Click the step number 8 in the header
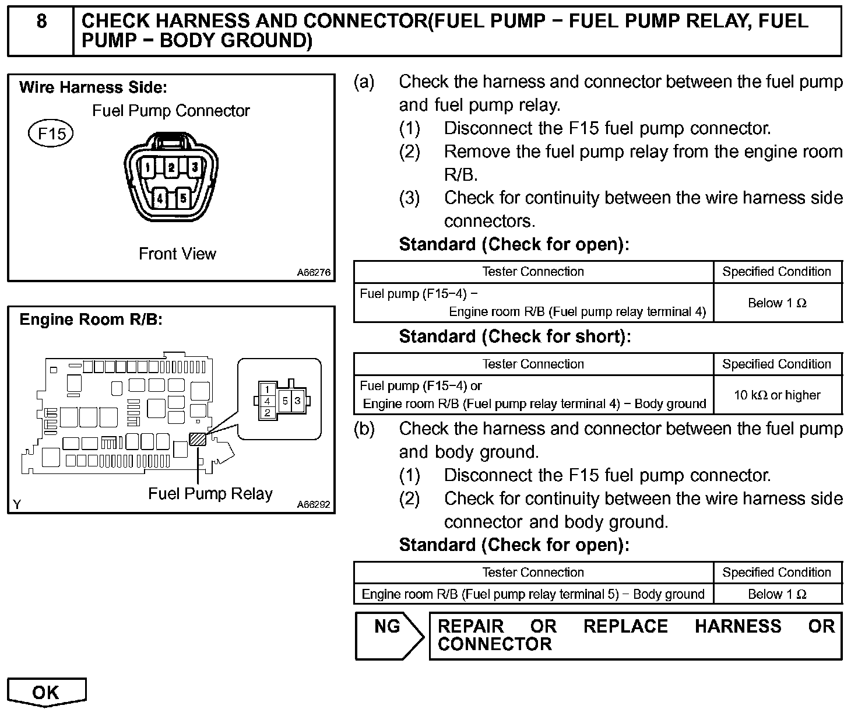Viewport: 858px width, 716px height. [x=41, y=22]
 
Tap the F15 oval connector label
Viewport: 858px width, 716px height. [x=51, y=134]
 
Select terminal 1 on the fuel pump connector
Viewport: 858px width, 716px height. [x=149, y=168]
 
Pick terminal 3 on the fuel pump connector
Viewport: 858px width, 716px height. [x=195, y=168]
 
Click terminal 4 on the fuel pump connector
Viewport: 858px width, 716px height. [x=160, y=198]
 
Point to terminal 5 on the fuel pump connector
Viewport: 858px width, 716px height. [x=183, y=198]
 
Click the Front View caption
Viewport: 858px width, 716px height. [x=177, y=254]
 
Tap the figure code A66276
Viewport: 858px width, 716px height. [x=313, y=272]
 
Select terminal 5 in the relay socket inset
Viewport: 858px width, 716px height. [x=286, y=401]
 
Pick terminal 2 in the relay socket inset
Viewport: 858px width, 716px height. [x=267, y=413]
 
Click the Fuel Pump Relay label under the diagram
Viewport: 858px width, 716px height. [x=210, y=494]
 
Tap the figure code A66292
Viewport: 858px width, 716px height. [x=313, y=504]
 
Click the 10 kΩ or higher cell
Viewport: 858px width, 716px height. [x=777, y=395]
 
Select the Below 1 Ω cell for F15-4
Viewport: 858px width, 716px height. [x=777, y=303]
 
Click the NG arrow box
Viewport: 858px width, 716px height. [x=389, y=635]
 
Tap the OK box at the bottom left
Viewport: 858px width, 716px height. [x=46, y=692]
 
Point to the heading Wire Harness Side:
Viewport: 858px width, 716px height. [x=93, y=88]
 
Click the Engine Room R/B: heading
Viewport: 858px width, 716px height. [x=91, y=320]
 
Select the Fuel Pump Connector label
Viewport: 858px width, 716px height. [x=171, y=111]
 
